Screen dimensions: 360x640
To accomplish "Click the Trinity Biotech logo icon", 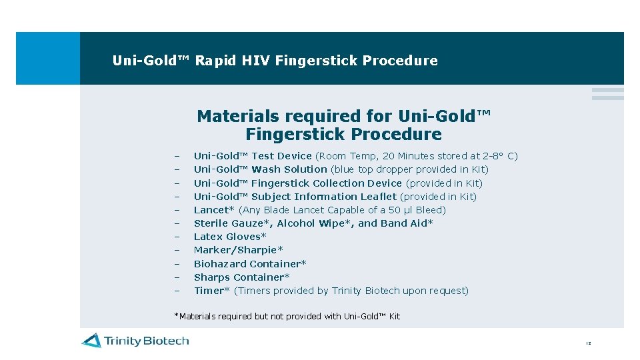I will pos(91,341).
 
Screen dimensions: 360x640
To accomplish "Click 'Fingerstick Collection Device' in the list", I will pos(326,183).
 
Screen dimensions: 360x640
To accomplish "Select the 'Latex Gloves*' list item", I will pos(230,237).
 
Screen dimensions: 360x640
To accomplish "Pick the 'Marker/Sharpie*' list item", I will pos(238,250).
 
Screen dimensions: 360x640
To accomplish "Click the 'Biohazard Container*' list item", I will pos(250,264).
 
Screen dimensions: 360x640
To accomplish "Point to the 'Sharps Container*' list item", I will pos(241,277).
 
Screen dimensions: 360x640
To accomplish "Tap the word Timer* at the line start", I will pos(211,291).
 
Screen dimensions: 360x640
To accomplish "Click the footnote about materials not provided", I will pos(287,316).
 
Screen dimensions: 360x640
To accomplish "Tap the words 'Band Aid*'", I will pos(407,223).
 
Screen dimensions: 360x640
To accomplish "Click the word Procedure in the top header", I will pos(400,61).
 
